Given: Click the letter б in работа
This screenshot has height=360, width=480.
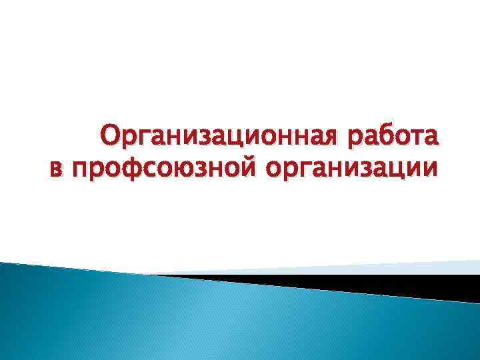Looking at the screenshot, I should [387, 136].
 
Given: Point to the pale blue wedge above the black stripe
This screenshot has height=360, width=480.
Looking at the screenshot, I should [400, 267].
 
